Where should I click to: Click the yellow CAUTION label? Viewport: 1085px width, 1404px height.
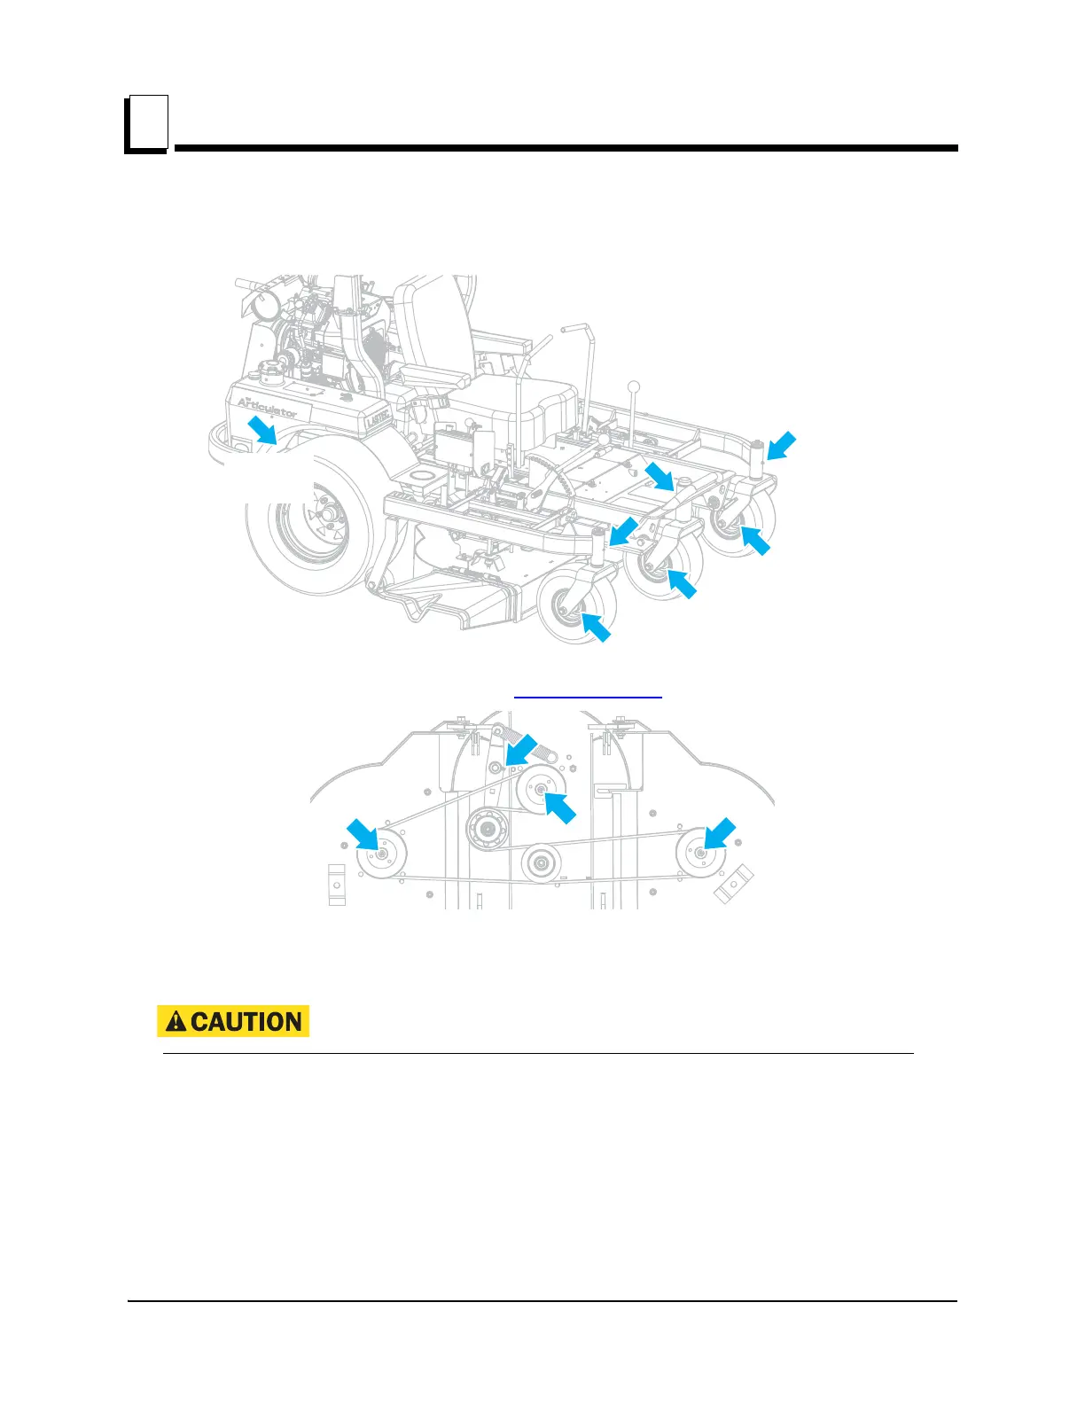pos(232,1021)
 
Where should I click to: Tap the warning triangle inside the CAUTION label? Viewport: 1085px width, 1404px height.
pos(176,1021)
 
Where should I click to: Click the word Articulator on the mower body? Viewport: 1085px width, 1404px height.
pos(267,407)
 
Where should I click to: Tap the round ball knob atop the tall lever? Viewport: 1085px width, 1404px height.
pos(634,386)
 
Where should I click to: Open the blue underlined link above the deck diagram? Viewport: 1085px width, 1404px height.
pos(588,698)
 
